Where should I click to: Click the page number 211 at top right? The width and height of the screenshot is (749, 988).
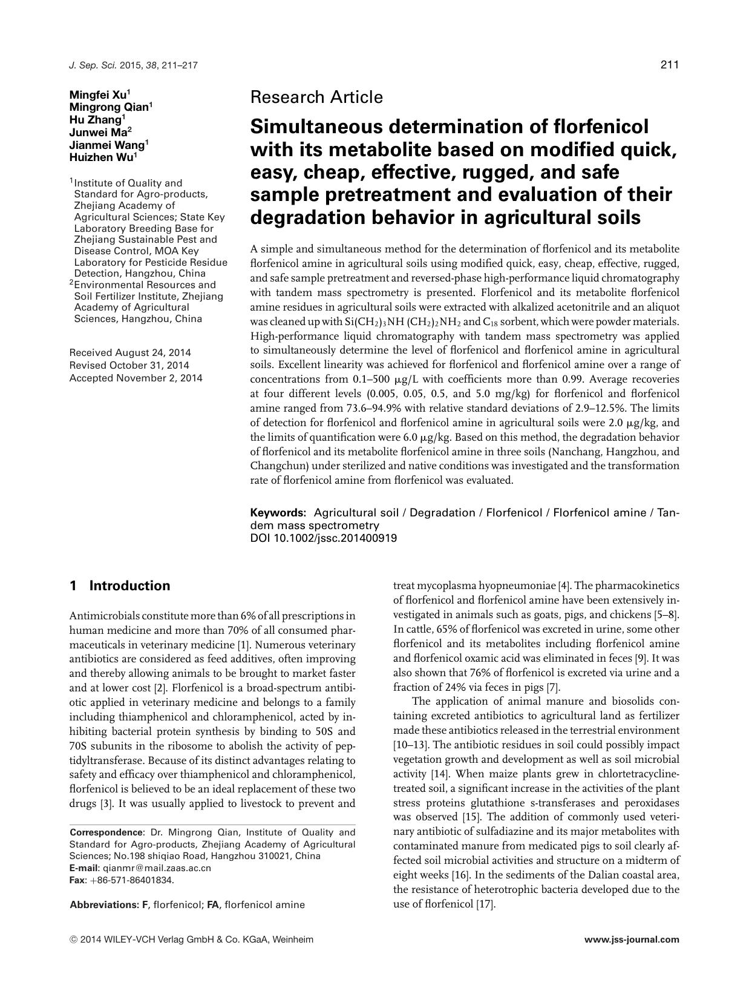point(670,65)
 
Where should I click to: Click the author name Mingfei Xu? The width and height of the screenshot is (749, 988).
point(99,94)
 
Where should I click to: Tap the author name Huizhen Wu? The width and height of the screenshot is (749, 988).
point(102,157)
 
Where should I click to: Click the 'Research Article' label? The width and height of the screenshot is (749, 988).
point(316,97)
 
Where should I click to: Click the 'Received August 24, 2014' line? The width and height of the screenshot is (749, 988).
point(130,352)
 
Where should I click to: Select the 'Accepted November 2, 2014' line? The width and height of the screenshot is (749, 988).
point(136,378)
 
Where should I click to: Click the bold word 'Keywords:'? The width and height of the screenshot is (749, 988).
point(278,513)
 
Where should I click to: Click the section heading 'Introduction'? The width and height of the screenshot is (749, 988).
point(129,585)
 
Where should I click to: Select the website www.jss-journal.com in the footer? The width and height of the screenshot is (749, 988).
point(632,940)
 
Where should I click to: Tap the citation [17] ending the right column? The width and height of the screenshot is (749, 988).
point(486,904)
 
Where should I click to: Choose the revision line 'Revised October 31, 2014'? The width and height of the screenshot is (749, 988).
point(129,365)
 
